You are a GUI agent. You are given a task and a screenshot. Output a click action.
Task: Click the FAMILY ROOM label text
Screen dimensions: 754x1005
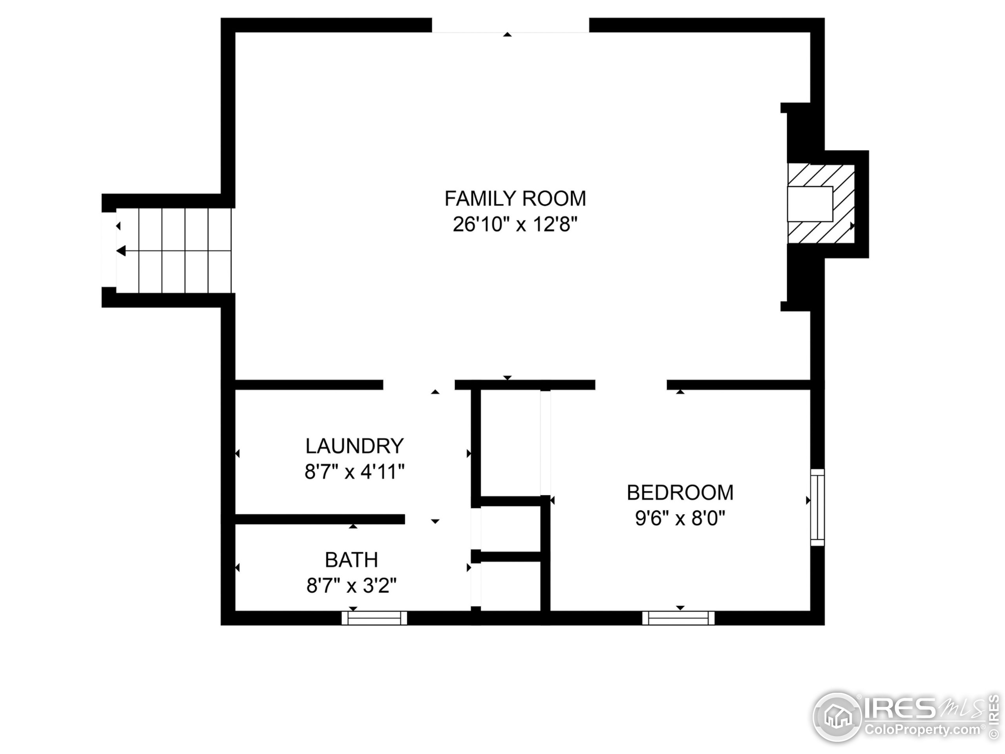[515, 199]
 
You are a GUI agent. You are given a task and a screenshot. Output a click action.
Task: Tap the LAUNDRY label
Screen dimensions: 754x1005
[354, 446]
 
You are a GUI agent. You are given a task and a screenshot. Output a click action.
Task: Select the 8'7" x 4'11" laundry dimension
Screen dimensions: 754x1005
[354, 472]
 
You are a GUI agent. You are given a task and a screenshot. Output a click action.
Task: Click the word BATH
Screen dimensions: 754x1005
[351, 560]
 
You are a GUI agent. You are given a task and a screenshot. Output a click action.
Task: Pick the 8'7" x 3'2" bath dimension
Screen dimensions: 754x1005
[351, 586]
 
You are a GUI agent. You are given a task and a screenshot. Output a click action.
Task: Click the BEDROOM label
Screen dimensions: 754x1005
[680, 493]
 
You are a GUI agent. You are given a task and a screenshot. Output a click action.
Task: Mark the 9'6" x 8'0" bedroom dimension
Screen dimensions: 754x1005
[680, 518]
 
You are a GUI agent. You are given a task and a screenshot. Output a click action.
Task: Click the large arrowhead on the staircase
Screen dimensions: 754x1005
[121, 251]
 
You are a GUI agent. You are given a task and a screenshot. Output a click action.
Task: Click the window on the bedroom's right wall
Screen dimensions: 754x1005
[817, 507]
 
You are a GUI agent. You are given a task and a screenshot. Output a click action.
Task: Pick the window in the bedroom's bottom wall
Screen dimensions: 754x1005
[678, 618]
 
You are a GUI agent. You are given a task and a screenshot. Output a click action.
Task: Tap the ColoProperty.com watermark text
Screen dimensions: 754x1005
[922, 730]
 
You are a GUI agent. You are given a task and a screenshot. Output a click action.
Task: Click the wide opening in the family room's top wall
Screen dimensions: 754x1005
[510, 26]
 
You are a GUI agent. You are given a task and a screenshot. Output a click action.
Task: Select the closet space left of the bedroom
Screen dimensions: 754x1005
[510, 443]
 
